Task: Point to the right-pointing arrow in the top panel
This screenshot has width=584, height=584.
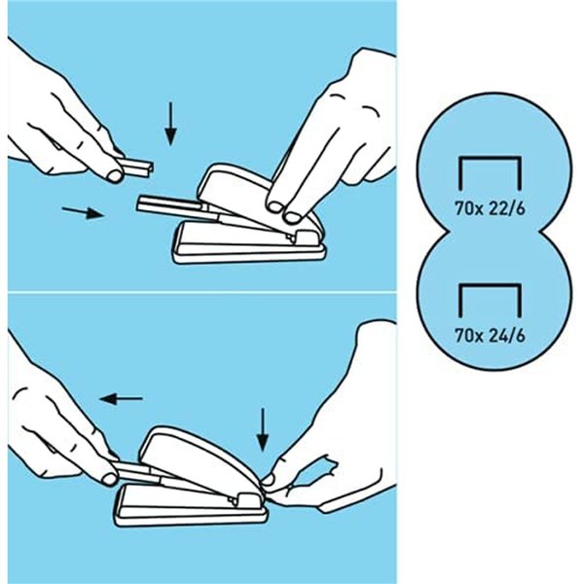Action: click(83, 212)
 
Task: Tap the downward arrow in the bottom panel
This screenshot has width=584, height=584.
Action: click(262, 428)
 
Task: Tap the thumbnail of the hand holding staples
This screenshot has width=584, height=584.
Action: click(115, 175)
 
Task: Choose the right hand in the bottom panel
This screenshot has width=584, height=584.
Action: click(350, 428)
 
